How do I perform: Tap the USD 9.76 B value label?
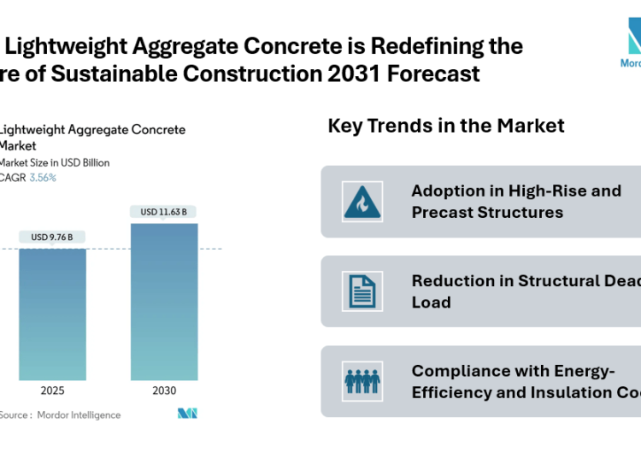[52, 237]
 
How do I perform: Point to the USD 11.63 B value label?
[164, 211]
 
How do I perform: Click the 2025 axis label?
[53, 390]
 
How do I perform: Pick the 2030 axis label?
[164, 390]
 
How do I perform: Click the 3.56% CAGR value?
[43, 178]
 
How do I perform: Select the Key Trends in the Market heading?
[446, 126]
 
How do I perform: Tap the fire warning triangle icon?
[363, 201]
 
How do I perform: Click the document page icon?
[363, 291]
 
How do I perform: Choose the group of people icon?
[363, 381]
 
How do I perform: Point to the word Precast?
[449, 212]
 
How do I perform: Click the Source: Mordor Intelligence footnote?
[60, 415]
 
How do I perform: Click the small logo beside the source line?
[187, 414]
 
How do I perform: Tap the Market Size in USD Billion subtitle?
[55, 162]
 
